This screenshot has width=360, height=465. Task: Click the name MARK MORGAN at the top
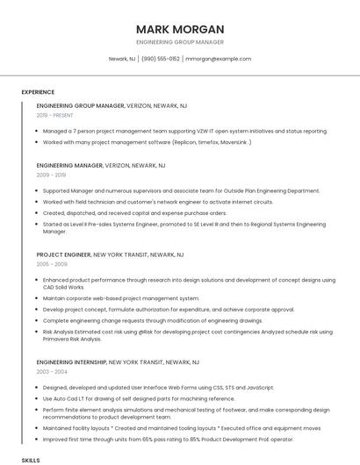coord(180,29)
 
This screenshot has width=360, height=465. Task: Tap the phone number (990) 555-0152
coord(160,59)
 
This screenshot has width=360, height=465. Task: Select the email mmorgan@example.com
coord(219,59)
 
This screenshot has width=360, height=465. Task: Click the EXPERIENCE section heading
coord(38,92)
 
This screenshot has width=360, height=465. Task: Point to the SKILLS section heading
coord(31,460)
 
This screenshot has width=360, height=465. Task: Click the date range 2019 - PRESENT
coord(55,115)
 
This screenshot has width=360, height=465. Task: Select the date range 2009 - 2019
coord(51,175)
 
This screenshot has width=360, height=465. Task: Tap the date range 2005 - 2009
coord(52,263)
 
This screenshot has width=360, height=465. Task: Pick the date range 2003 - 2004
coord(52,371)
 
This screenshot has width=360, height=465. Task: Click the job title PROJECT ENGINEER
coord(63,254)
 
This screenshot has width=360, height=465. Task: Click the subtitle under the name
coord(180,42)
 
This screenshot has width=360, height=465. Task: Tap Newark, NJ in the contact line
coord(122,59)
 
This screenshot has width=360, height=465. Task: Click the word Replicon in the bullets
coord(184,141)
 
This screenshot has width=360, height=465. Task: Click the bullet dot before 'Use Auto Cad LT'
coord(39,397)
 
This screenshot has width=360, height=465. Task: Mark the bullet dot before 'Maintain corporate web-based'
coord(39,298)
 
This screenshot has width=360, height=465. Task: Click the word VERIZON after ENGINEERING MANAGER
coord(117,165)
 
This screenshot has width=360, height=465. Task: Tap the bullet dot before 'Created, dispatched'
coord(39,212)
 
